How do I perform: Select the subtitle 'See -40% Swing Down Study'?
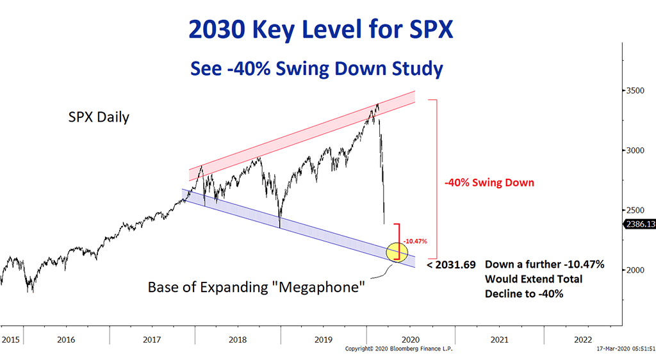(316, 67)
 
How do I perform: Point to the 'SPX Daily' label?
(99, 118)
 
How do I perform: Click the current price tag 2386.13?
(639, 224)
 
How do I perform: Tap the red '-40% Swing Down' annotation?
(489, 183)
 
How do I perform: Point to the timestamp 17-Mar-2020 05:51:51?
(621, 349)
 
